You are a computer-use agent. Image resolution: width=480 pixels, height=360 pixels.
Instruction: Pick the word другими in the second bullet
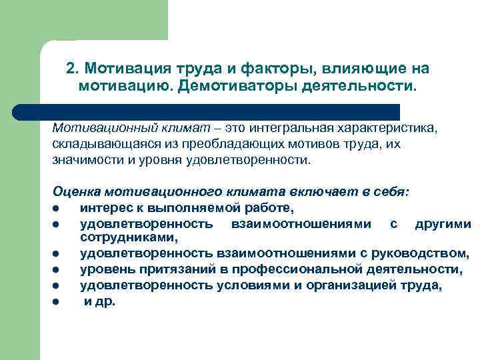pos(442,225)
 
